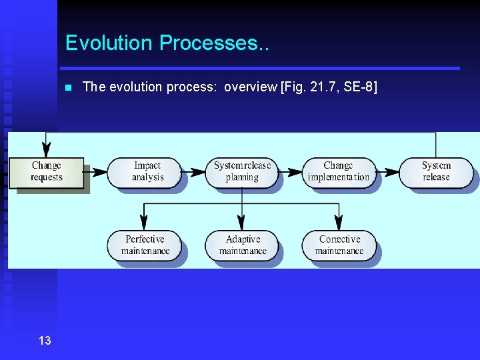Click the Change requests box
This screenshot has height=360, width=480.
47,172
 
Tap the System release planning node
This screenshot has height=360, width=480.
241,172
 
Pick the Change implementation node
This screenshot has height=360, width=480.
338,172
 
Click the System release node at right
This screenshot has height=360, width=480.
436,172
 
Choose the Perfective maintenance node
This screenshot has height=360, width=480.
145,245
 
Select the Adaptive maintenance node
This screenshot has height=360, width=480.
241,245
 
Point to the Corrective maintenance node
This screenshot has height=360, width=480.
339,245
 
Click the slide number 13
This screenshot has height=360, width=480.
45,341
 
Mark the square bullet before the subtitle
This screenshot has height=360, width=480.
67,87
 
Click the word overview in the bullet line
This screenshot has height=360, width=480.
251,87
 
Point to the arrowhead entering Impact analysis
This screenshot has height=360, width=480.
100,172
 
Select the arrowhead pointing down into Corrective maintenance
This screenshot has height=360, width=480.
339,225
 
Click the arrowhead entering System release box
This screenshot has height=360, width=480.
392,172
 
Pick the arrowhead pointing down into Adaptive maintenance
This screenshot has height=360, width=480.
241,225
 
